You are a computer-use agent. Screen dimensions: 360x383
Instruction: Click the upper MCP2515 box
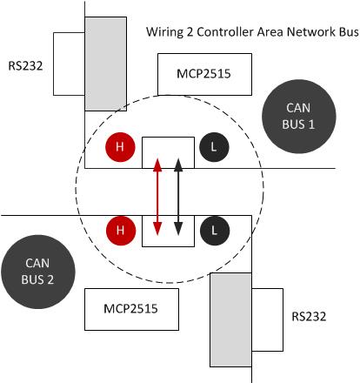[x=204, y=74]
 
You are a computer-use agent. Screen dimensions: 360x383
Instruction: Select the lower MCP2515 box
[x=131, y=309]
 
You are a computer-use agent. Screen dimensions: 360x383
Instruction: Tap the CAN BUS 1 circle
[x=299, y=116]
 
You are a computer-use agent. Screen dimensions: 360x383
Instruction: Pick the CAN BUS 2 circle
[x=38, y=272]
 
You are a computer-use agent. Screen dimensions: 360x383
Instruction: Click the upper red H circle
[x=120, y=147]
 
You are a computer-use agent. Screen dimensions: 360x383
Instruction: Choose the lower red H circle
[x=121, y=231]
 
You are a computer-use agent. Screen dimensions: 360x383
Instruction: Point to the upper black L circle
[x=214, y=147]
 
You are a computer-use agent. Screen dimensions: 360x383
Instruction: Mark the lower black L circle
[x=215, y=231]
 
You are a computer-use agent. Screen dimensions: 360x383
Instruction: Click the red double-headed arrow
[x=157, y=197]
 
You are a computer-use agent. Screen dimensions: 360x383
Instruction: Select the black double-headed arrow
[x=178, y=197]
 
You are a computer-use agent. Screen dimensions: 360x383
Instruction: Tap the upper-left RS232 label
[x=25, y=66]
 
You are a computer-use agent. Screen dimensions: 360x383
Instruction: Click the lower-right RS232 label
[x=309, y=316]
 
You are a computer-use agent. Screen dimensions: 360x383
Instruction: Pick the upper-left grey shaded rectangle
[x=105, y=64]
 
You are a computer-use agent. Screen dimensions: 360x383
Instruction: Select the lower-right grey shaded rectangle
[x=230, y=319]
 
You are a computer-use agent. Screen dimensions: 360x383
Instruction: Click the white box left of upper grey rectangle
[x=69, y=64]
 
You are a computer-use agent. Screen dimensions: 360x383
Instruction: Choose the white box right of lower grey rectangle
[x=267, y=319]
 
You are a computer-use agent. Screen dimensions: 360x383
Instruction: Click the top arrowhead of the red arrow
[x=157, y=165]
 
